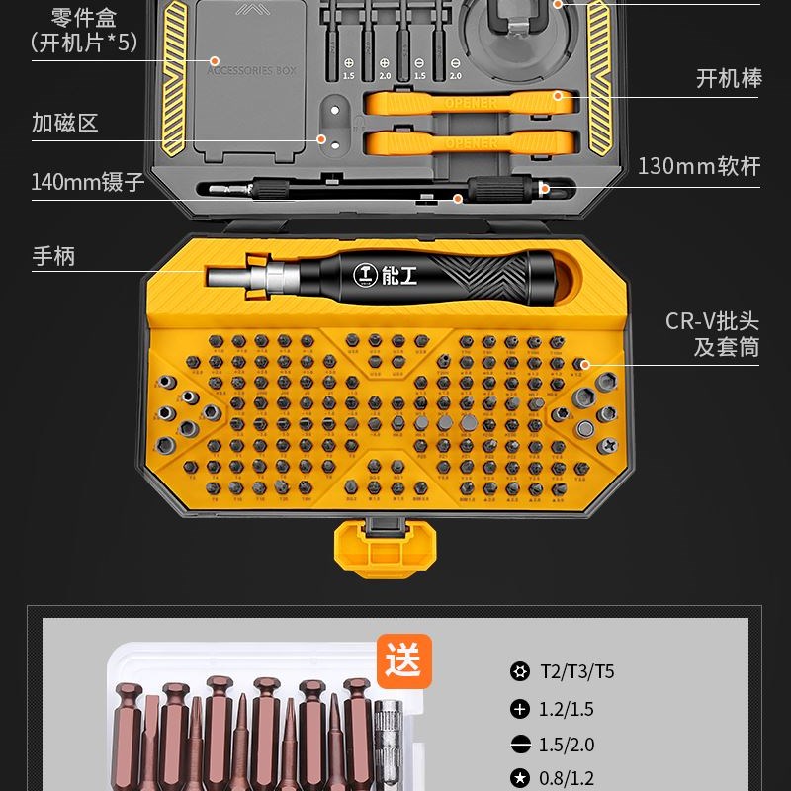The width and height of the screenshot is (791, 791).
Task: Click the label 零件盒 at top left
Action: click(x=83, y=17)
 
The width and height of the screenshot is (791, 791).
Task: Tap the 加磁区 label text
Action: click(x=65, y=124)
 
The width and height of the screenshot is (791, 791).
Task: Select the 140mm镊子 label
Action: click(x=88, y=182)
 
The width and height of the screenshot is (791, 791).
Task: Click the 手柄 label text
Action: click(x=53, y=257)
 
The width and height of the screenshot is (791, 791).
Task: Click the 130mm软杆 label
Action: click(x=699, y=166)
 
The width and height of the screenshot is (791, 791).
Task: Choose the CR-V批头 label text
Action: click(x=712, y=321)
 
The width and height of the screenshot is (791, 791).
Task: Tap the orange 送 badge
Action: click(x=403, y=660)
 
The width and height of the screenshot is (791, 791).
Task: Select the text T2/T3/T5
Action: click(x=576, y=672)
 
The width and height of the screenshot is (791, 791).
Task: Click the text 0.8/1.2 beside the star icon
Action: click(x=567, y=779)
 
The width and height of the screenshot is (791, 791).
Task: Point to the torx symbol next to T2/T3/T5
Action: click(x=519, y=672)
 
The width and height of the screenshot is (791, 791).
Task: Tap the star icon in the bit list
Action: click(x=519, y=779)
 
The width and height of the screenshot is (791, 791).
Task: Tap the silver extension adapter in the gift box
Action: click(x=390, y=742)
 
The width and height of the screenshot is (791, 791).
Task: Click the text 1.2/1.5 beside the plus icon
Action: click(x=567, y=709)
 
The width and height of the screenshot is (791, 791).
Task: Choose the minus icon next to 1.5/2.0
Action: click(x=519, y=745)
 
